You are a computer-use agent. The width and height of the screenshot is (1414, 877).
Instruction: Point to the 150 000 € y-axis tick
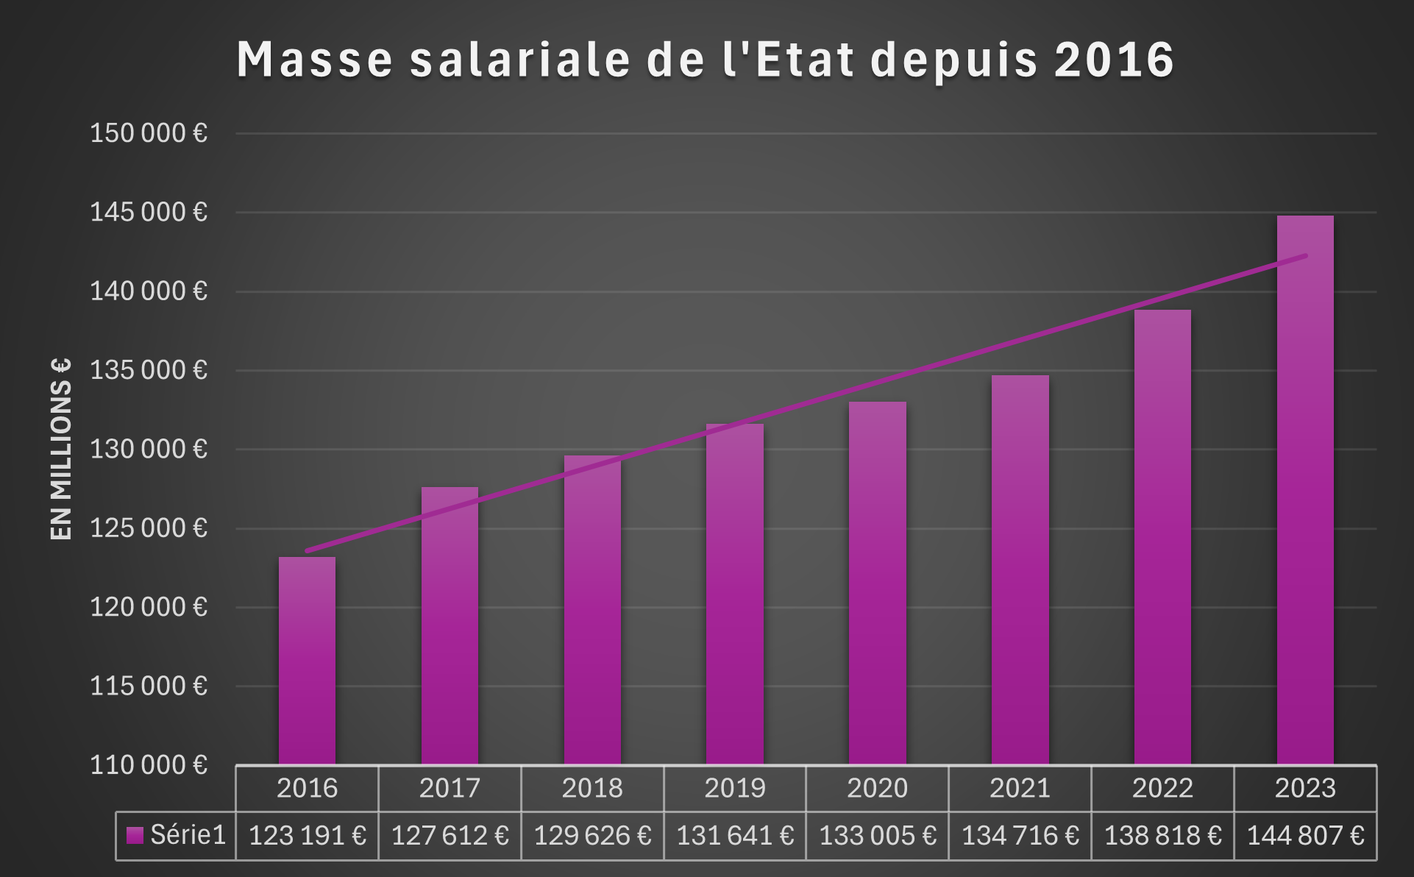tap(149, 133)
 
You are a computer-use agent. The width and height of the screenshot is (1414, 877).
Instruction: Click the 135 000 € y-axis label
tap(149, 370)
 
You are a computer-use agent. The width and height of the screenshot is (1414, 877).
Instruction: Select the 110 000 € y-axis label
tap(149, 765)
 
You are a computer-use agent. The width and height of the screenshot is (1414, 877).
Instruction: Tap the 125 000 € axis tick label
tap(149, 528)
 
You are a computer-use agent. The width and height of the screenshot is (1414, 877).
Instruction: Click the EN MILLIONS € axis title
tap(61, 450)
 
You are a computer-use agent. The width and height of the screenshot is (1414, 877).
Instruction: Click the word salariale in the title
tap(520, 59)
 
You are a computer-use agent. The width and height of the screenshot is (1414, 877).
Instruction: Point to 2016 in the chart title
tap(1114, 59)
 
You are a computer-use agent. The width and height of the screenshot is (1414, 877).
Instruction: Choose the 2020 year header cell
tap(877, 788)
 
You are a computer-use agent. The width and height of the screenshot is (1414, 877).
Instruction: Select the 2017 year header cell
tap(450, 788)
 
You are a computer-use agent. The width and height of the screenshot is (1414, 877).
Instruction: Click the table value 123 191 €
tap(307, 836)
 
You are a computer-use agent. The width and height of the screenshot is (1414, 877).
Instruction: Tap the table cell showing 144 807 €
tap(1305, 836)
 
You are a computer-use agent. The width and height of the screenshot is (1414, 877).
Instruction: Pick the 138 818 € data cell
tap(1162, 836)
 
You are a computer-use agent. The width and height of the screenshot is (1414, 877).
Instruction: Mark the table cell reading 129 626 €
tap(592, 836)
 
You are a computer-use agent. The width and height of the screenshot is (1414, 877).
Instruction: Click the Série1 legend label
tap(188, 835)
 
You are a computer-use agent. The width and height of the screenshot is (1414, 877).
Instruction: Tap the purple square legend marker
tap(135, 836)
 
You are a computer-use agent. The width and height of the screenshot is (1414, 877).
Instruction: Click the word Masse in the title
tap(315, 59)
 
